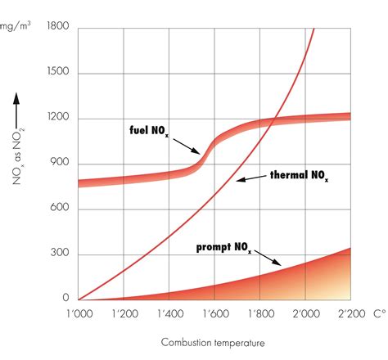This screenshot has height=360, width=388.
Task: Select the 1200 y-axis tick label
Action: [x=58, y=119]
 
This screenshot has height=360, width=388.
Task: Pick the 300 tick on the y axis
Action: [x=61, y=254]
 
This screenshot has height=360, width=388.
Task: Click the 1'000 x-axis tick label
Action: [x=79, y=313]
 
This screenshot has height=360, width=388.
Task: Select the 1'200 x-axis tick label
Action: [x=124, y=313]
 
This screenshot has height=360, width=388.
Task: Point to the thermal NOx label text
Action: [x=303, y=175]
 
